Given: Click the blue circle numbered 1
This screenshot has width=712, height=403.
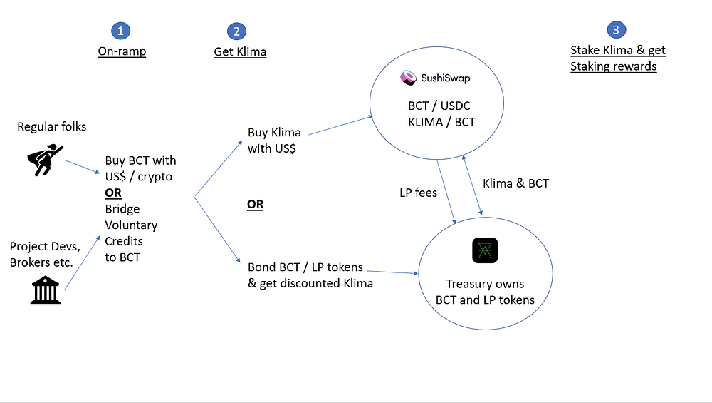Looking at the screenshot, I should tap(120, 30).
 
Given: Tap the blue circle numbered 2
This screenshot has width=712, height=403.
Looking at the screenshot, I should tap(236, 31).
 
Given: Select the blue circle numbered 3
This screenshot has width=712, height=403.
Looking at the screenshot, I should tap(616, 29).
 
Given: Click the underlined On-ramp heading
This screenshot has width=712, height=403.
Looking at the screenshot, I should tap(122, 51).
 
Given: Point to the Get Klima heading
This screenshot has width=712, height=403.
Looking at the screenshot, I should tap(240, 51).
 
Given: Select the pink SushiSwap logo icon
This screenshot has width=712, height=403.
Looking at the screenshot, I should tap(409, 78).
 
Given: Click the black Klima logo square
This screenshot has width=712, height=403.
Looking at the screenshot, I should tap(485, 250).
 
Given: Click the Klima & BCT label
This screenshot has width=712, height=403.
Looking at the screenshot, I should tap(515, 183).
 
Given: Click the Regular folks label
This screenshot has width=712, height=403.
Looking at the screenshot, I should tap(52, 126).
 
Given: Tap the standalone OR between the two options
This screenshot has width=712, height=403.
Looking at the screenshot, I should tap(255, 205).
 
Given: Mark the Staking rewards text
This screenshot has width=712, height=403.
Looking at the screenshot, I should tap(613, 66).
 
